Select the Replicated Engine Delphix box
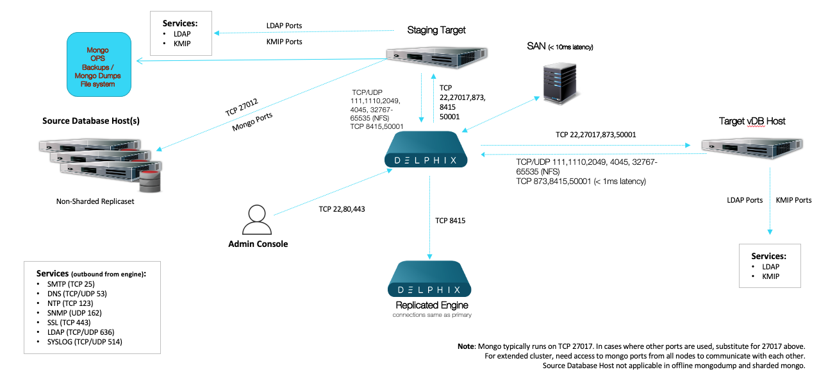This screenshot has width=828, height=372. pyautogui.click(x=430, y=279)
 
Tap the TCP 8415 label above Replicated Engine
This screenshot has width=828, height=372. pyautogui.click(x=450, y=221)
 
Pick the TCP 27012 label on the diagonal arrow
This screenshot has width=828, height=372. pyautogui.click(x=241, y=106)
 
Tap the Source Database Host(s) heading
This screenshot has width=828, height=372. pyautogui.click(x=91, y=121)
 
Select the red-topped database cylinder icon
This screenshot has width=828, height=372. pyautogui.click(x=149, y=182)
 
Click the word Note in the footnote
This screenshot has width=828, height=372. pyautogui.click(x=466, y=346)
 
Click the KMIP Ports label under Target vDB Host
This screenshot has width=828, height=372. pyautogui.click(x=793, y=200)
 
